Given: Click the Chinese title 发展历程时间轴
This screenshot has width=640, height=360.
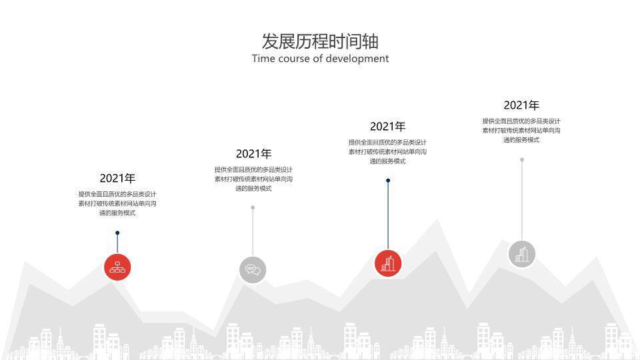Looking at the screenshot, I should coord(320,41).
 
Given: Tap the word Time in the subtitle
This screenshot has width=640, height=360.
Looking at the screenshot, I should coord(264,59).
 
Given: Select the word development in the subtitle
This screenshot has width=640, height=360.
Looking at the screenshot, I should coord(357,59).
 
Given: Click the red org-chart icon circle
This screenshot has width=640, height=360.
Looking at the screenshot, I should coord(117,267).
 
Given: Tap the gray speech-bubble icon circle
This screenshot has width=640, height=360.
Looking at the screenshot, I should coord(253,270).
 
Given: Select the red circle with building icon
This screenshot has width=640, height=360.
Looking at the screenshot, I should coord(388,263).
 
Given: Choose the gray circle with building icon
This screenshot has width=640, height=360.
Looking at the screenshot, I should coord(522,254).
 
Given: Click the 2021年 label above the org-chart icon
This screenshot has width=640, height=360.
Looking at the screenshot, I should coord(117,178).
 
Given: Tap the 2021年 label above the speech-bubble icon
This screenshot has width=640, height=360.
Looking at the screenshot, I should coord(253,154).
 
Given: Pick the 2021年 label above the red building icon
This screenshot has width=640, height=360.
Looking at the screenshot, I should coord(387,127).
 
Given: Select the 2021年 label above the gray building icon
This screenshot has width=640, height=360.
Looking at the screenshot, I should coord(521,105).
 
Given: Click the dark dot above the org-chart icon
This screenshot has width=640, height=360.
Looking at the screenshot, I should coord(117,233).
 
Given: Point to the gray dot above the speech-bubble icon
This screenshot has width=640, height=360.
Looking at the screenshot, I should coord(253,207).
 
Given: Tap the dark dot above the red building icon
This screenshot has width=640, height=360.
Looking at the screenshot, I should coord(388,180).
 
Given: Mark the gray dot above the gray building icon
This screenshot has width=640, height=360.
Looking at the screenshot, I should coord(522,159).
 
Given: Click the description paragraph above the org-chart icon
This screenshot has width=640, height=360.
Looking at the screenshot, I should coord(117,203).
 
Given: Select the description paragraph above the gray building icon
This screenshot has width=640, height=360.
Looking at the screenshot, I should coord(521,131).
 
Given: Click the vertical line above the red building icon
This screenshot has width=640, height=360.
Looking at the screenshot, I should coord(388,213).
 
